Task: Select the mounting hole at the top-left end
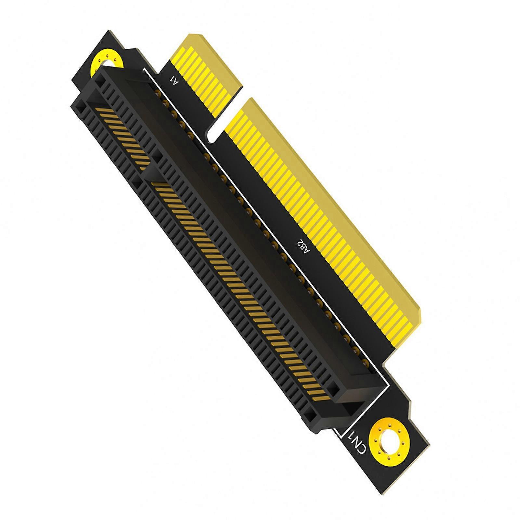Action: pyautogui.click(x=107, y=62)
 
